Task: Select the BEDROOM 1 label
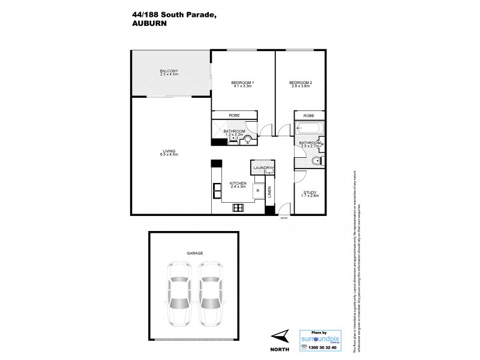pyautogui.click(x=243, y=83)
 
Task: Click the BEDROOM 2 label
pyautogui.click(x=301, y=83)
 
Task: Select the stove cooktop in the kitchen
pyautogui.click(x=238, y=208)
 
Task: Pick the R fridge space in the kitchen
pyautogui.click(x=257, y=191)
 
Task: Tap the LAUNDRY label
pyautogui.click(x=262, y=168)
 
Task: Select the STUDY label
pyautogui.click(x=310, y=193)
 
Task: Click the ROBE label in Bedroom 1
pyautogui.click(x=234, y=116)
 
